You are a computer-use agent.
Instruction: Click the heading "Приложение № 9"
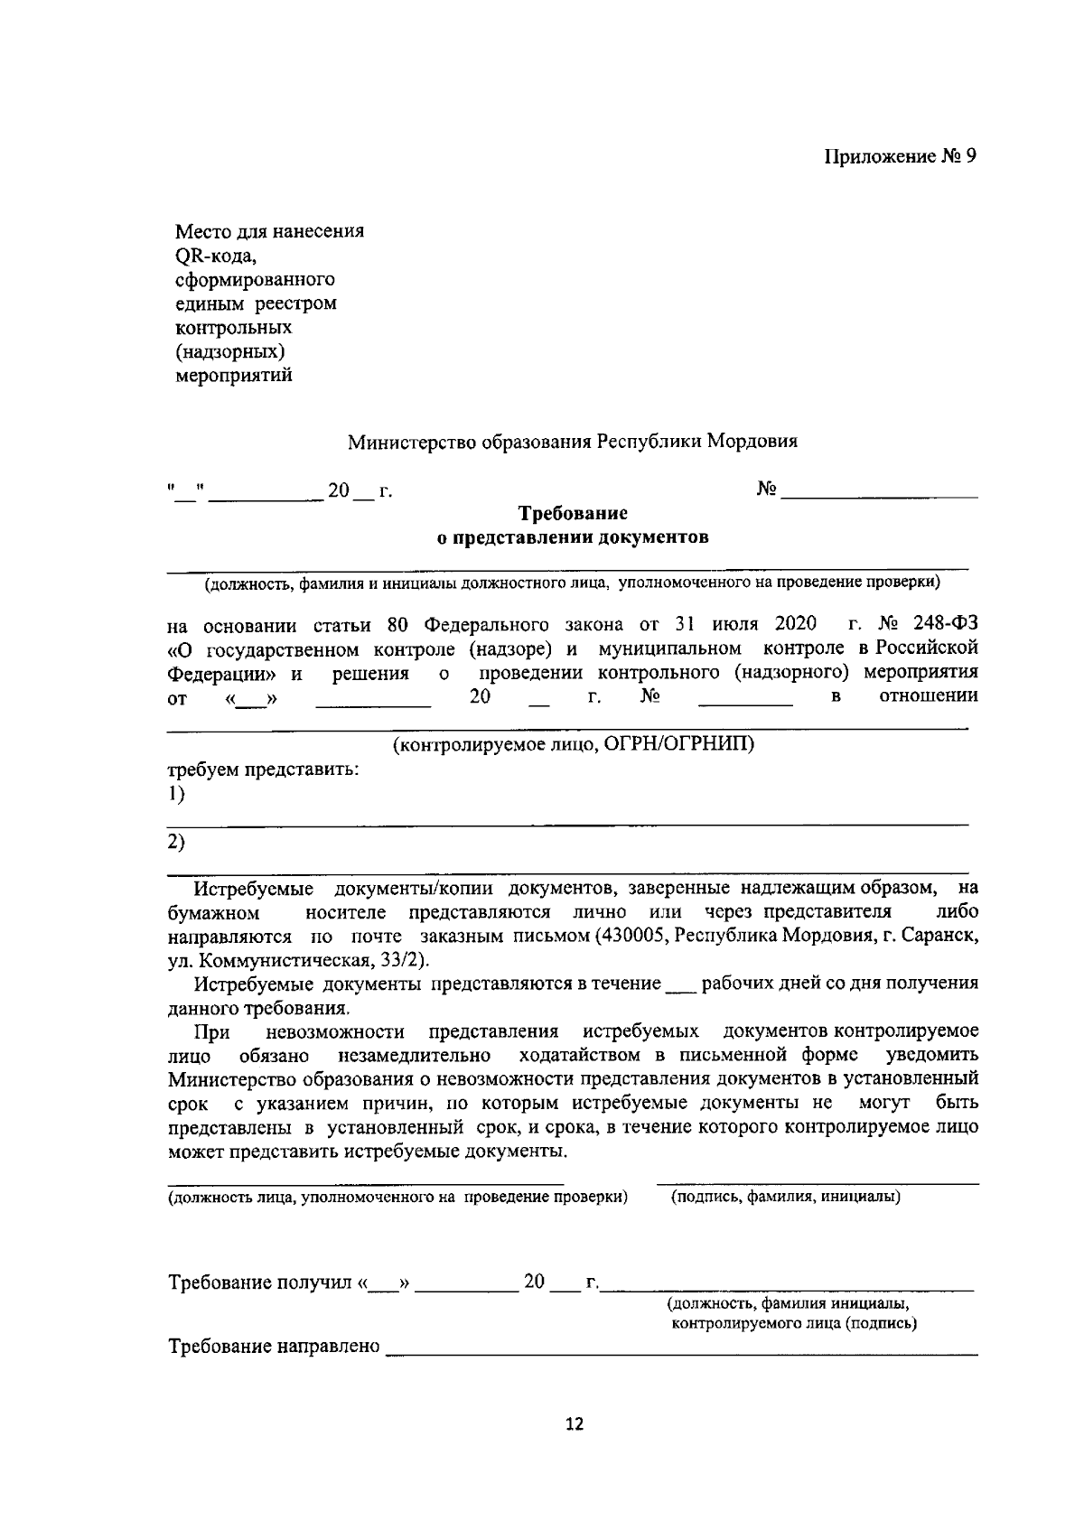(x=900, y=156)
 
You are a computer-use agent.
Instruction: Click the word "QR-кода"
(x=216, y=255)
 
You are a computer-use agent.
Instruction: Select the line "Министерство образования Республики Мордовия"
(x=573, y=443)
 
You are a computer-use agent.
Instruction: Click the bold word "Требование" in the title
(x=573, y=514)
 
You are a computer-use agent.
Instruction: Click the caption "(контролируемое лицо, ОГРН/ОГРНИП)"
(x=573, y=745)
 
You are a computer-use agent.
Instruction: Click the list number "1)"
(x=176, y=794)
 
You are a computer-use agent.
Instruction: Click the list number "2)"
(x=176, y=841)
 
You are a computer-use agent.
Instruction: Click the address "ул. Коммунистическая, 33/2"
(x=296, y=959)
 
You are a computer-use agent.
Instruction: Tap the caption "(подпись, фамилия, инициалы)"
(x=785, y=1198)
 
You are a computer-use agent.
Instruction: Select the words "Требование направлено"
(x=274, y=1347)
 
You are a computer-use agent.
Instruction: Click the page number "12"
(x=574, y=1425)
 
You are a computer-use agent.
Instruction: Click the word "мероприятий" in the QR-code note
(x=233, y=376)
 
